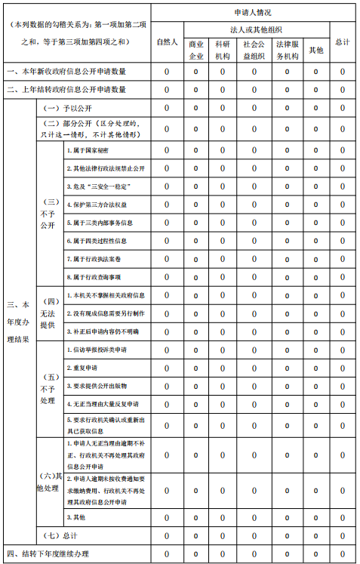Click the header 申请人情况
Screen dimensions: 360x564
tap(254, 13)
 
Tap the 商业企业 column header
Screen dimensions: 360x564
tap(196, 50)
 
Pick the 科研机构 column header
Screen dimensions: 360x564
tap(223, 50)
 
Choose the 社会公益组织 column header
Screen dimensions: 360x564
tap(254, 50)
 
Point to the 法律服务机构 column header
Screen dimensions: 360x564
tap(287, 50)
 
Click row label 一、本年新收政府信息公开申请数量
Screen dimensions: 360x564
tap(66, 72)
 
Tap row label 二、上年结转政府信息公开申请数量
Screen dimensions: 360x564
tap(66, 89)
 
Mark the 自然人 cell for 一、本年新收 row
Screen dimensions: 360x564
tap(166, 72)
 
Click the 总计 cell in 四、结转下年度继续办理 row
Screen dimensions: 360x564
tap(342, 554)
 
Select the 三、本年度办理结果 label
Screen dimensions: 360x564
tap(18, 322)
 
